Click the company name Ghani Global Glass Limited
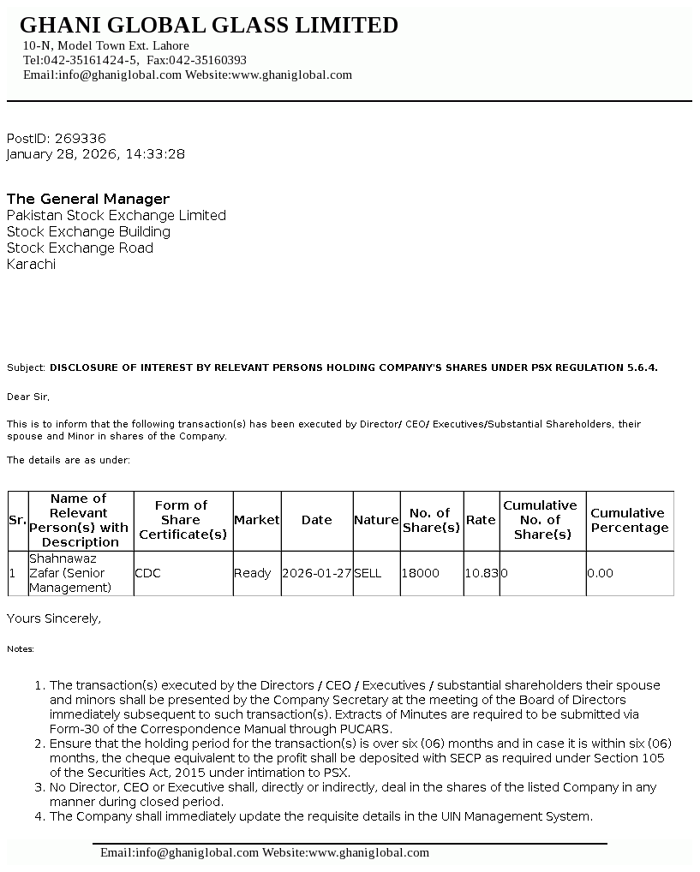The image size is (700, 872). click(208, 26)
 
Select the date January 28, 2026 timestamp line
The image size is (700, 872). click(96, 154)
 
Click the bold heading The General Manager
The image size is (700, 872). click(88, 199)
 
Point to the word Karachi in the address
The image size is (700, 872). click(31, 264)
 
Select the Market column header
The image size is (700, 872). click(256, 520)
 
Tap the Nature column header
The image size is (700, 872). click(376, 520)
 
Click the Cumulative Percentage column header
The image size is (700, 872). click(629, 520)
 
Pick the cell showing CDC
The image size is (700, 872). click(147, 573)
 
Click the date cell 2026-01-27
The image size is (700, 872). click(316, 573)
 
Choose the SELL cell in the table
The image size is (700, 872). click(368, 573)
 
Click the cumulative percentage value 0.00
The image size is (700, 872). click(601, 573)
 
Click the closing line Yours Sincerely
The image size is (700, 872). click(54, 618)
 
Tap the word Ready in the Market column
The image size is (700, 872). click(252, 573)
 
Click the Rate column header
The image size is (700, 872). click(481, 520)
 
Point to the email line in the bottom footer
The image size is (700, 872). click(265, 852)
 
